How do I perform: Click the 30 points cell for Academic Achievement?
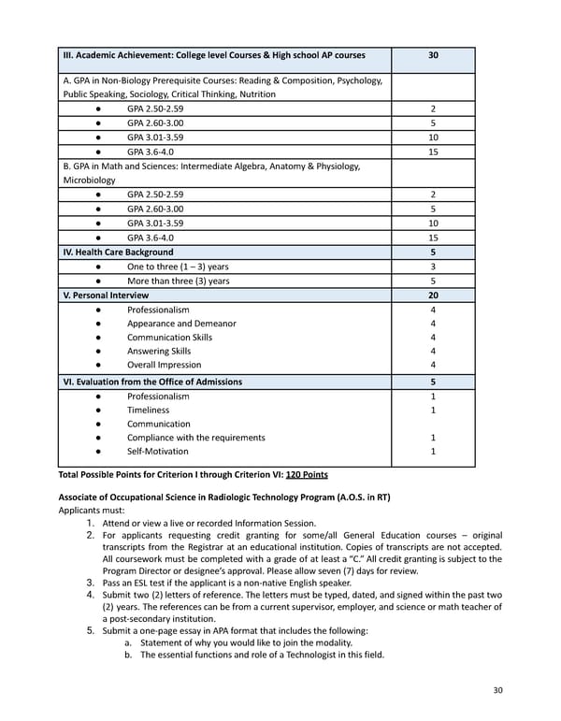(433, 55)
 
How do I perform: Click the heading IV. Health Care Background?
(118, 252)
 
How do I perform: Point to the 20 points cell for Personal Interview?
(433, 295)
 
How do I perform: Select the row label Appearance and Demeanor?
(181, 324)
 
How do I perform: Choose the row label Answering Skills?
(159, 352)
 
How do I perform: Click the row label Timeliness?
(149, 410)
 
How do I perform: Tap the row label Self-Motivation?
(158, 452)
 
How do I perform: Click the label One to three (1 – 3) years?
(178, 267)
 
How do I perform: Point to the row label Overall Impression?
(165, 365)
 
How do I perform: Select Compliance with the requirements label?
(196, 438)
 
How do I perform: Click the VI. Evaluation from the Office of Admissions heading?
(152, 382)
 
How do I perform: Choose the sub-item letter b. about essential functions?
(128, 655)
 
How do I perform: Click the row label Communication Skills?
(170, 338)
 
